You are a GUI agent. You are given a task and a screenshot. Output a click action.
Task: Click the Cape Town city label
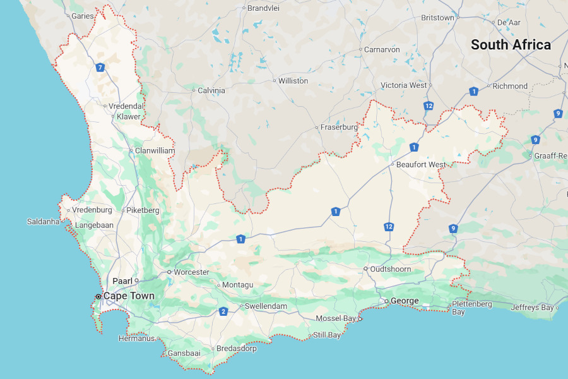[129, 296]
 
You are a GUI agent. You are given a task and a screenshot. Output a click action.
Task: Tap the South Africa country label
[511, 45]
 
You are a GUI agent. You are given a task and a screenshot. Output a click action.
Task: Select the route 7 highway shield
[100, 68]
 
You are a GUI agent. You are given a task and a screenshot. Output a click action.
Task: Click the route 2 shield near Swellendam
[223, 311]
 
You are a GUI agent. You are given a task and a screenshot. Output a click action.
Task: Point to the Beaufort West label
[421, 164]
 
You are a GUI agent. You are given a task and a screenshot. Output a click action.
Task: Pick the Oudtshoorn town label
[391, 269]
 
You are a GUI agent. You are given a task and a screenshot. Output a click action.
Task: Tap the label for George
[405, 301]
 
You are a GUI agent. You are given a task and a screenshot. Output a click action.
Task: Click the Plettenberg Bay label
[471, 308]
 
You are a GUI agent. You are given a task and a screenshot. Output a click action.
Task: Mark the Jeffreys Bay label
[531, 308]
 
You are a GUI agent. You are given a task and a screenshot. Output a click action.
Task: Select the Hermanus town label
[136, 338]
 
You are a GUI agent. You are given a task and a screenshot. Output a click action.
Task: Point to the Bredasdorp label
[236, 348]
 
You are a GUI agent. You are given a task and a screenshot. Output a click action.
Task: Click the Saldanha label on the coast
[43, 221]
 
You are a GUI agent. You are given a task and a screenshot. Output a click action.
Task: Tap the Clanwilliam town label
[155, 151]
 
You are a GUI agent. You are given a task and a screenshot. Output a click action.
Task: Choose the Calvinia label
[211, 90]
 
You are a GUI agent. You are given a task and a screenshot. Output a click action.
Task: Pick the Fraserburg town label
[339, 127]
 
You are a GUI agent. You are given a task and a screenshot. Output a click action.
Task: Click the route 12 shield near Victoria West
[429, 105]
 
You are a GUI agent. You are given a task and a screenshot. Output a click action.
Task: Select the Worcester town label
[191, 272]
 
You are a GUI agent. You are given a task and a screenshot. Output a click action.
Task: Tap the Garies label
[82, 16]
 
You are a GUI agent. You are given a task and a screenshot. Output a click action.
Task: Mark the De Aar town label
[509, 22]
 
